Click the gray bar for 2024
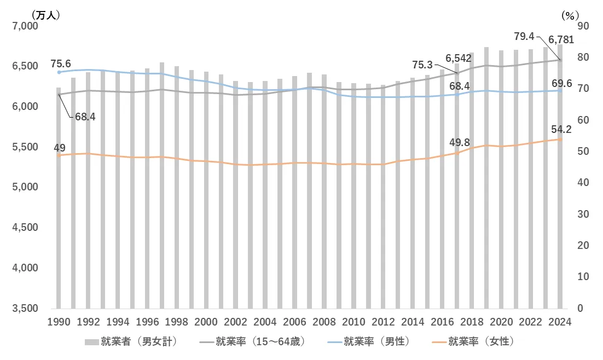pyautogui.click(x=560, y=219)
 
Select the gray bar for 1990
pyautogui.click(x=59, y=219)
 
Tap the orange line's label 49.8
pyautogui.click(x=459, y=142)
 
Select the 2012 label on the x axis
pyautogui.click(x=383, y=322)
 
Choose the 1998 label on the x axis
pyautogui.click(x=176, y=322)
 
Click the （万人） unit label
pyautogui.click(x=46, y=15)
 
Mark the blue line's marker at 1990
pyautogui.click(x=59, y=72)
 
